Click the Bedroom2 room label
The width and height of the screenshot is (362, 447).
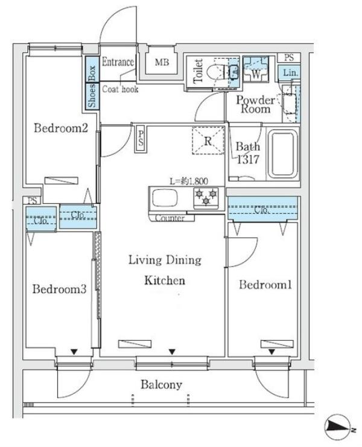coord(61,128)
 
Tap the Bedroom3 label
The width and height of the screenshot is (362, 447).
coord(59,289)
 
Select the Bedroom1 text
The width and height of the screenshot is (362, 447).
coord(265,285)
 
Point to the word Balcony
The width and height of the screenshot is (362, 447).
coord(161,385)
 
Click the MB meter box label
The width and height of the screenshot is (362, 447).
coord(162,62)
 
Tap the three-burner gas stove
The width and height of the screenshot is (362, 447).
coord(206,197)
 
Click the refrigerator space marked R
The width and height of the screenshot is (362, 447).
coord(208,141)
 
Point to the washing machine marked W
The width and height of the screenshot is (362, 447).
coord(255,69)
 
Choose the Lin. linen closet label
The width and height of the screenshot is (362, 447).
coord(290,73)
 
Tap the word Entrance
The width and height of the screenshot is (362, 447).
coord(118,62)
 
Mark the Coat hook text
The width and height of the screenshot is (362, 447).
coord(120,89)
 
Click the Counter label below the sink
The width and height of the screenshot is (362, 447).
coord(170,218)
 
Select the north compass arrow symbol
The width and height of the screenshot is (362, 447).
coord(338,426)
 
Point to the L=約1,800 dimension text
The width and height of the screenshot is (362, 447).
coord(188,181)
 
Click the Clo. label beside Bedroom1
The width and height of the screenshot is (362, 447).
coord(261,210)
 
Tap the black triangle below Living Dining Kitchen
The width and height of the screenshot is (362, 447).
coord(171,352)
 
